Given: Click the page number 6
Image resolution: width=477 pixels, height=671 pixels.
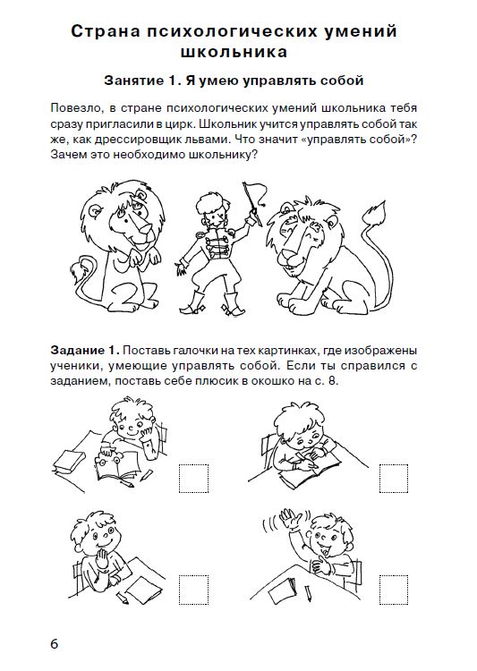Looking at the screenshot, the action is coord(54,643).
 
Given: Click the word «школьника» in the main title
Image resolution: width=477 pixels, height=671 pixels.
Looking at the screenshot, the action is coord(234,52).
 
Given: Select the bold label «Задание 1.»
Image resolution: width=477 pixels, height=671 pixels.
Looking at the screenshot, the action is coord(85,351).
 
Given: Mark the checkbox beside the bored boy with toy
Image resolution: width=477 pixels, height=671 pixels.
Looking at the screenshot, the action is coord(193,478).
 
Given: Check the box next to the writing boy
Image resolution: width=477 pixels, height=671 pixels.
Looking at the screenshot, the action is coord(394,478).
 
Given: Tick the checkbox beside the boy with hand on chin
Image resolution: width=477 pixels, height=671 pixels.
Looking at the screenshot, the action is coord(193,590).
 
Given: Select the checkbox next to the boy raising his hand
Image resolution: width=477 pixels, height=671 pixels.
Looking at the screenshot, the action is coord(394,590).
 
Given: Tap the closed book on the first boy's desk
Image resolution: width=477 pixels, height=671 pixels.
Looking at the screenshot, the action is coord(69,461).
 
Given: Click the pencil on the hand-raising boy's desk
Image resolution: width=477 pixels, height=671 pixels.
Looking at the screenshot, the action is coord(308,593).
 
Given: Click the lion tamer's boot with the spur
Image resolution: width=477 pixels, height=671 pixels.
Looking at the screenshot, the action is coord(192,302).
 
